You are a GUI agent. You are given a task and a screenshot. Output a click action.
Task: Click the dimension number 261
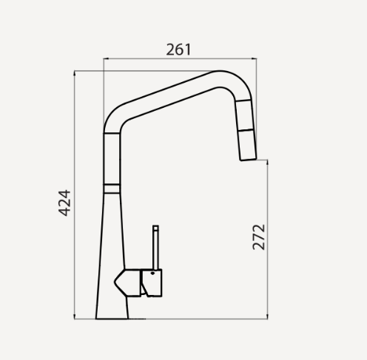tap(179, 50)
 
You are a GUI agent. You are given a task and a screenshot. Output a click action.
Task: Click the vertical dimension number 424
tap(64, 203)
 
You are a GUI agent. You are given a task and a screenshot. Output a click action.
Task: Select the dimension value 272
tap(258, 236)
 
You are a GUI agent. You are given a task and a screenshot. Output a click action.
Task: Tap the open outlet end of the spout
tap(246, 159)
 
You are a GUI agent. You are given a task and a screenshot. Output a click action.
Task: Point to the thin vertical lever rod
tap(156, 247)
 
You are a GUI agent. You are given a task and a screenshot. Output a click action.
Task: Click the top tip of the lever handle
tap(156, 226)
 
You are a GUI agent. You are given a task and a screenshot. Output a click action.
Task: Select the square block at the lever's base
tap(151, 283)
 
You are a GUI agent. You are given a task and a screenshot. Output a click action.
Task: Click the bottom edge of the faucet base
tap(112, 319)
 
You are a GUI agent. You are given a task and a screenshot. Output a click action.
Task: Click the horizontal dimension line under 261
tap(179, 60)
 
